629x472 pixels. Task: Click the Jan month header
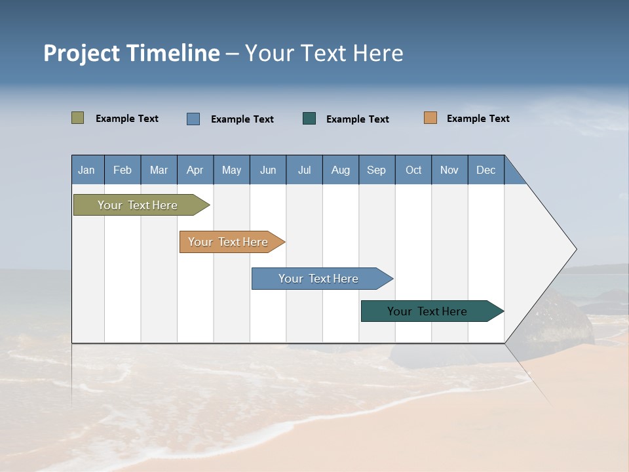tap(86, 170)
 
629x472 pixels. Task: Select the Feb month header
tap(123, 170)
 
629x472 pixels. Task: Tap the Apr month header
tap(195, 170)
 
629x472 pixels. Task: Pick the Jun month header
tap(268, 170)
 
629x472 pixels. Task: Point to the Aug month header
tap(340, 170)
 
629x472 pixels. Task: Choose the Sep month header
tap(376, 170)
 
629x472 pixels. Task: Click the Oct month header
tap(413, 170)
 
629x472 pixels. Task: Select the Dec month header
tap(486, 170)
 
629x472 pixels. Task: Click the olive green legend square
tap(78, 118)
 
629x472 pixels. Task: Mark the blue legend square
tap(193, 119)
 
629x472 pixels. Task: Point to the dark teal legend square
tap(309, 119)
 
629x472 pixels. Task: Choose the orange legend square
tap(430, 118)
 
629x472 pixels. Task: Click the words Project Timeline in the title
tap(132, 53)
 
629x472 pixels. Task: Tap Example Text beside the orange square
tap(478, 119)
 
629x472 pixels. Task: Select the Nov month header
tap(449, 170)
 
